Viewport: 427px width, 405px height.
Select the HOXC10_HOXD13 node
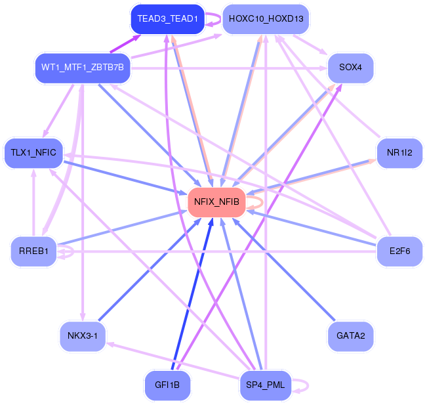pos(266,18)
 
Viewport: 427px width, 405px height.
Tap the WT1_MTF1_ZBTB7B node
pos(83,68)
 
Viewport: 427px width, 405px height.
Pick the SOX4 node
pos(351,68)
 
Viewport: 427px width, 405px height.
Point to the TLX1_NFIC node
pos(33,153)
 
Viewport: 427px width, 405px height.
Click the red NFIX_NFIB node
pos(216,202)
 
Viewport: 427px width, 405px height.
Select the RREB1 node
pos(33,251)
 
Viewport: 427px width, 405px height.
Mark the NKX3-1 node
pos(83,336)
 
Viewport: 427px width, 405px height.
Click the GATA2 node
pos(350,336)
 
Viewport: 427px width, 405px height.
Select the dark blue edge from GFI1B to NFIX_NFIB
pos(191,295)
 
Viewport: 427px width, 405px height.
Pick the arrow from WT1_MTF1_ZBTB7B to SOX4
pos(230,68)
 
